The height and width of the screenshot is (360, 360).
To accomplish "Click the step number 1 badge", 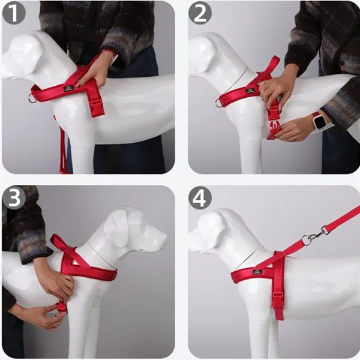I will click(13, 14).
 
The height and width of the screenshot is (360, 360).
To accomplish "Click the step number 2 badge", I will click(200, 14).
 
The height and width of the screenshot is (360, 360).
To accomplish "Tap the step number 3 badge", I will click(13, 198).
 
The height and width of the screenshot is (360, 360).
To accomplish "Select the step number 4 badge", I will click(200, 198).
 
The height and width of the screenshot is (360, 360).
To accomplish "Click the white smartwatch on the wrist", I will click(321, 122).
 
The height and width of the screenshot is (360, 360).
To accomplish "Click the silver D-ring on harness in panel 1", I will click(32, 98).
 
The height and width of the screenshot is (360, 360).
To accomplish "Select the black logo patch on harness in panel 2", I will click(250, 91).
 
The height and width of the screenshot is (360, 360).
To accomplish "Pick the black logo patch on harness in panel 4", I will click(257, 272).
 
